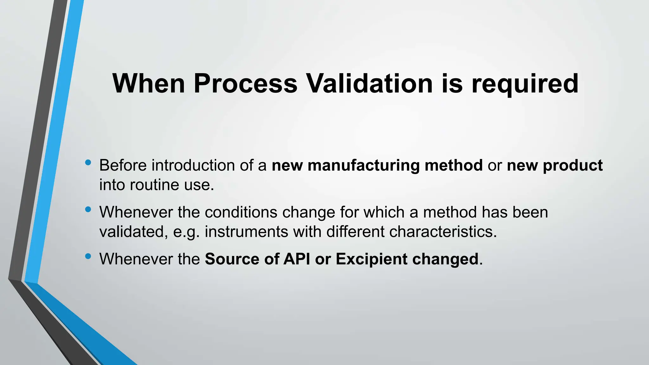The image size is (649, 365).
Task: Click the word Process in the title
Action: coord(246,84)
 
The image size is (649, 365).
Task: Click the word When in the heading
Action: coord(149,84)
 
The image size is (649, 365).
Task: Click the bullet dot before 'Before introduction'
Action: coord(88,163)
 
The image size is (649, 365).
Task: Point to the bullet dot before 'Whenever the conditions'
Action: coord(88,209)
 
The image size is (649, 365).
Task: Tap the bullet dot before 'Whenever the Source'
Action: coord(88,256)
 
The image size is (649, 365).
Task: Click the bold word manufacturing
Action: coord(363,165)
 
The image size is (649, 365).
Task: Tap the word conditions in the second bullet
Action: coord(241,212)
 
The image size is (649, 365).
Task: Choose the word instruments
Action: coord(246,232)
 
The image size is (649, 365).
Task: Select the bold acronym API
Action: coord(297,259)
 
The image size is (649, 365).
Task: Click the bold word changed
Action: coord(445,259)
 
